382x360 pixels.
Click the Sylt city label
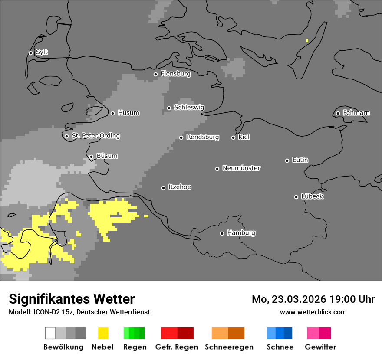coord(42,52)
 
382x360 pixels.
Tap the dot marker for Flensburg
coord(155,74)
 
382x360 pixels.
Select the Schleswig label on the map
coord(189,107)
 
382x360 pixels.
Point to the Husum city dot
coord(112,113)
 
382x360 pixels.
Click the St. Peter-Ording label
coord(95,136)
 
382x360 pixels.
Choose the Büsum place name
coord(107,156)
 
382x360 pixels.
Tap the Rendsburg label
coord(202,137)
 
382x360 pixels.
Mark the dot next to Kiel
coord(233,137)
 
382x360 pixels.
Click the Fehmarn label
coord(356,113)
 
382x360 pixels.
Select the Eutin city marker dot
coord(287,160)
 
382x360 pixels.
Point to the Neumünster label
coord(241,168)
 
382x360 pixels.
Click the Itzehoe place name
coord(179,187)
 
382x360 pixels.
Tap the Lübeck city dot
coord(296,197)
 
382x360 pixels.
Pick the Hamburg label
coord(241,233)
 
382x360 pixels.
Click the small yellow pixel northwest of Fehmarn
coord(307,41)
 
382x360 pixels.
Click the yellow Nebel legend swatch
coord(103,333)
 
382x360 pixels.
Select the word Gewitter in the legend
coord(320,347)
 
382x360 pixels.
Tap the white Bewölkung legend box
coord(50,333)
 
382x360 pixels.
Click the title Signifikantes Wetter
coord(72,299)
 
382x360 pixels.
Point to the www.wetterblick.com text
coord(313,312)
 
